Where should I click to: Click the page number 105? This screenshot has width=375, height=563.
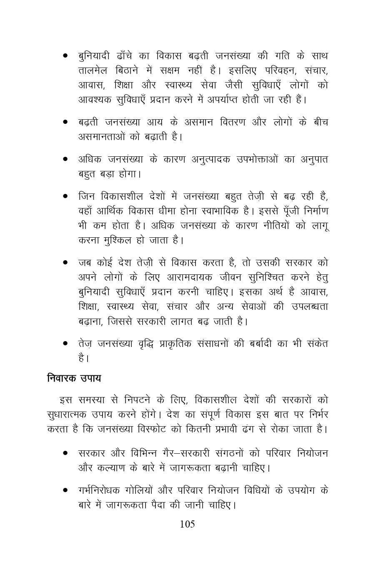click(187, 524)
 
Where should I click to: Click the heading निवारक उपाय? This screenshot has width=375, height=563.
click(74, 379)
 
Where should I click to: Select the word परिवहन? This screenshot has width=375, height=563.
click(272, 70)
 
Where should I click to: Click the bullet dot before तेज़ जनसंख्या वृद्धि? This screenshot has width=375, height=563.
click(65, 344)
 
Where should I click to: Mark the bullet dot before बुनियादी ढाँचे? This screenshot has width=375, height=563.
click(65, 55)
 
